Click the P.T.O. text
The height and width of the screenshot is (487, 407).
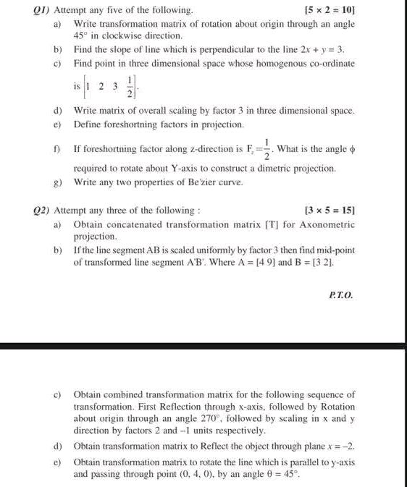[x=340, y=295]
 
